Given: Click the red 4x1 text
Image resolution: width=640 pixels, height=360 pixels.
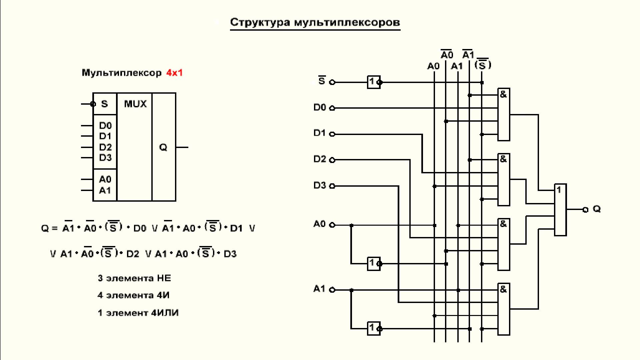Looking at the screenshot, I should click(174, 73).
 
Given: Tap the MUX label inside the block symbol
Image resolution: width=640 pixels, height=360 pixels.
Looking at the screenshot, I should click(135, 104).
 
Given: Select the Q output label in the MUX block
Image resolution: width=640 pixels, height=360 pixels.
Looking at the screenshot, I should click(163, 147).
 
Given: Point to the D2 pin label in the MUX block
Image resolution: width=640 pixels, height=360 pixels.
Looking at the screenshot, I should click(105, 147).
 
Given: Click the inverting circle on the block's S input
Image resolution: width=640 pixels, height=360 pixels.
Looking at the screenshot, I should click(93, 104).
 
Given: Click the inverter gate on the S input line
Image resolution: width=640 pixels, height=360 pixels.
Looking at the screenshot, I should click(373, 82).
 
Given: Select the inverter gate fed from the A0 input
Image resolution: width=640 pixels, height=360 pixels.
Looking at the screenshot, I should click(373, 263).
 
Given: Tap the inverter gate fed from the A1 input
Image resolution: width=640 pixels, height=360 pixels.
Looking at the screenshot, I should click(373, 328).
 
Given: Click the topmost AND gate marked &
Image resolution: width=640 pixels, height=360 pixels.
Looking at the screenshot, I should click(504, 114).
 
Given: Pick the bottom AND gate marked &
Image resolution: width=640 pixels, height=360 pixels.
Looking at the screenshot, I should click(504, 309).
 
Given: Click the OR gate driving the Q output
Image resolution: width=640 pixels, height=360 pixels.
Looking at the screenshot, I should click(560, 210).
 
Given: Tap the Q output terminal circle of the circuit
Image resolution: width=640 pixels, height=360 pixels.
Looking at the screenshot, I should click(585, 210).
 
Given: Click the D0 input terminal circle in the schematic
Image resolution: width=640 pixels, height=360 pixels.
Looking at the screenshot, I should click(332, 108).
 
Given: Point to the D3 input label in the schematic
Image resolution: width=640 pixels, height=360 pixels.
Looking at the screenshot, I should click(319, 185).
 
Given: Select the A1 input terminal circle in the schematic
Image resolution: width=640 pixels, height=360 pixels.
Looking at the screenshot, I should click(332, 290).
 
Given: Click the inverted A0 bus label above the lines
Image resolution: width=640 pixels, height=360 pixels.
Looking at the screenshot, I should click(447, 54).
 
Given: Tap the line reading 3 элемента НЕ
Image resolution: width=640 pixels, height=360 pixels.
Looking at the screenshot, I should click(134, 278).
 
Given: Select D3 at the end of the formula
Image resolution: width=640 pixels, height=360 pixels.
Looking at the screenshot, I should click(230, 254).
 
